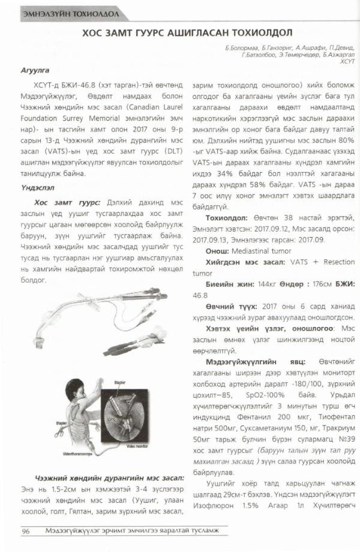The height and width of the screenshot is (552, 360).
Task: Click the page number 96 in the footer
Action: pyautogui.click(x=26, y=531)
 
